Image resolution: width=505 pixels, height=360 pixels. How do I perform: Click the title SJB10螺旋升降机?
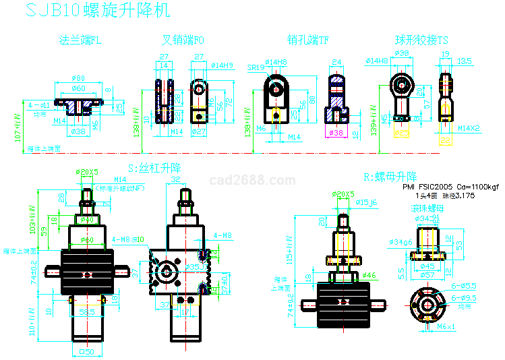[98, 10]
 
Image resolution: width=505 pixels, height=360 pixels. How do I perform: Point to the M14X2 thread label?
[470, 127]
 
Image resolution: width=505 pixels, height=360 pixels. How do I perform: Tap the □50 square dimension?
[86, 352]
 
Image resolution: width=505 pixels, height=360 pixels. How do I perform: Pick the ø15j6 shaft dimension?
[367, 202]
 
